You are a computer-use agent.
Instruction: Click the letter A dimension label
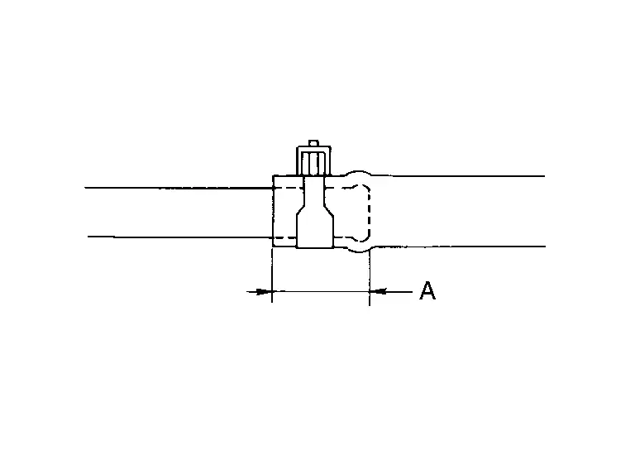coord(427,290)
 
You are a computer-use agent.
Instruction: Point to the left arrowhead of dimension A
coord(265,291)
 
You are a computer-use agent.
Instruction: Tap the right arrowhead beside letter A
coord(377,291)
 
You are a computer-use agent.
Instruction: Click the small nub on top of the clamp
coord(313,143)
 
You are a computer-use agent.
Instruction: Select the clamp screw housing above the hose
coord(314,160)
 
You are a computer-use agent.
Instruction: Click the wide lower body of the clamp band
coord(315,231)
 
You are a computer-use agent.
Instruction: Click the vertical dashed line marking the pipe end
coord(369,213)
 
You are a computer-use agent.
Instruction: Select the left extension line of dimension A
coord(272,275)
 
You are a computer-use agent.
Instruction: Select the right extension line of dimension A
coord(370,278)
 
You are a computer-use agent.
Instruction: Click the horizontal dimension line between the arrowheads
coord(321,291)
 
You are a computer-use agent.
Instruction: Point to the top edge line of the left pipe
coord(179,188)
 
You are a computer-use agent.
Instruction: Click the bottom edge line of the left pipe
coord(180,237)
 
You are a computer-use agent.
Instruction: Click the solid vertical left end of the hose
coord(274,211)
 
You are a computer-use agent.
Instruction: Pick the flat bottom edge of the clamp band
coord(315,247)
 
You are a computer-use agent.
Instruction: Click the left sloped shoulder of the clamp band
coord(300,212)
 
